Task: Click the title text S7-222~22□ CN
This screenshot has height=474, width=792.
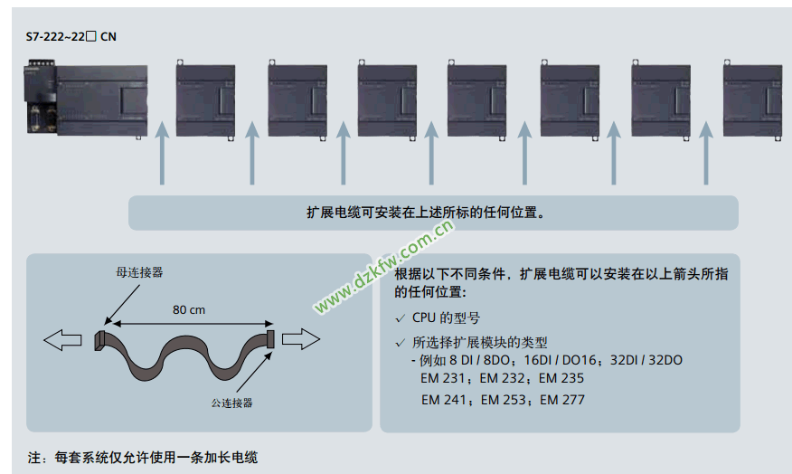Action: tap(71, 37)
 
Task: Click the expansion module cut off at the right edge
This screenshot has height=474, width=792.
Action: tap(752, 99)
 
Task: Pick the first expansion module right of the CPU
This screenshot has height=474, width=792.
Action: tap(205, 99)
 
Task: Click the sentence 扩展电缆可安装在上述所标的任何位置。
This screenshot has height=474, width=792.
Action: tap(433, 213)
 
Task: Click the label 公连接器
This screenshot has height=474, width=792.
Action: tap(231, 402)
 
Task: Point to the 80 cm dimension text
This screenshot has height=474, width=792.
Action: tap(189, 309)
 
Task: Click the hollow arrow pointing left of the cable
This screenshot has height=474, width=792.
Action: tap(61, 340)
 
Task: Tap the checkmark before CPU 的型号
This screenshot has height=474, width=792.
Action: tap(401, 318)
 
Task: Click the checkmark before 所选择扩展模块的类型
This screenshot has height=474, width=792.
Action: tap(401, 343)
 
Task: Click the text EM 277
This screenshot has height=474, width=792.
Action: tap(561, 400)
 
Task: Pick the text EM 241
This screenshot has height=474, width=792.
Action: tap(443, 400)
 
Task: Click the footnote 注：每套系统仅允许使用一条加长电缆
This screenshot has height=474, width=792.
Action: tap(149, 457)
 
